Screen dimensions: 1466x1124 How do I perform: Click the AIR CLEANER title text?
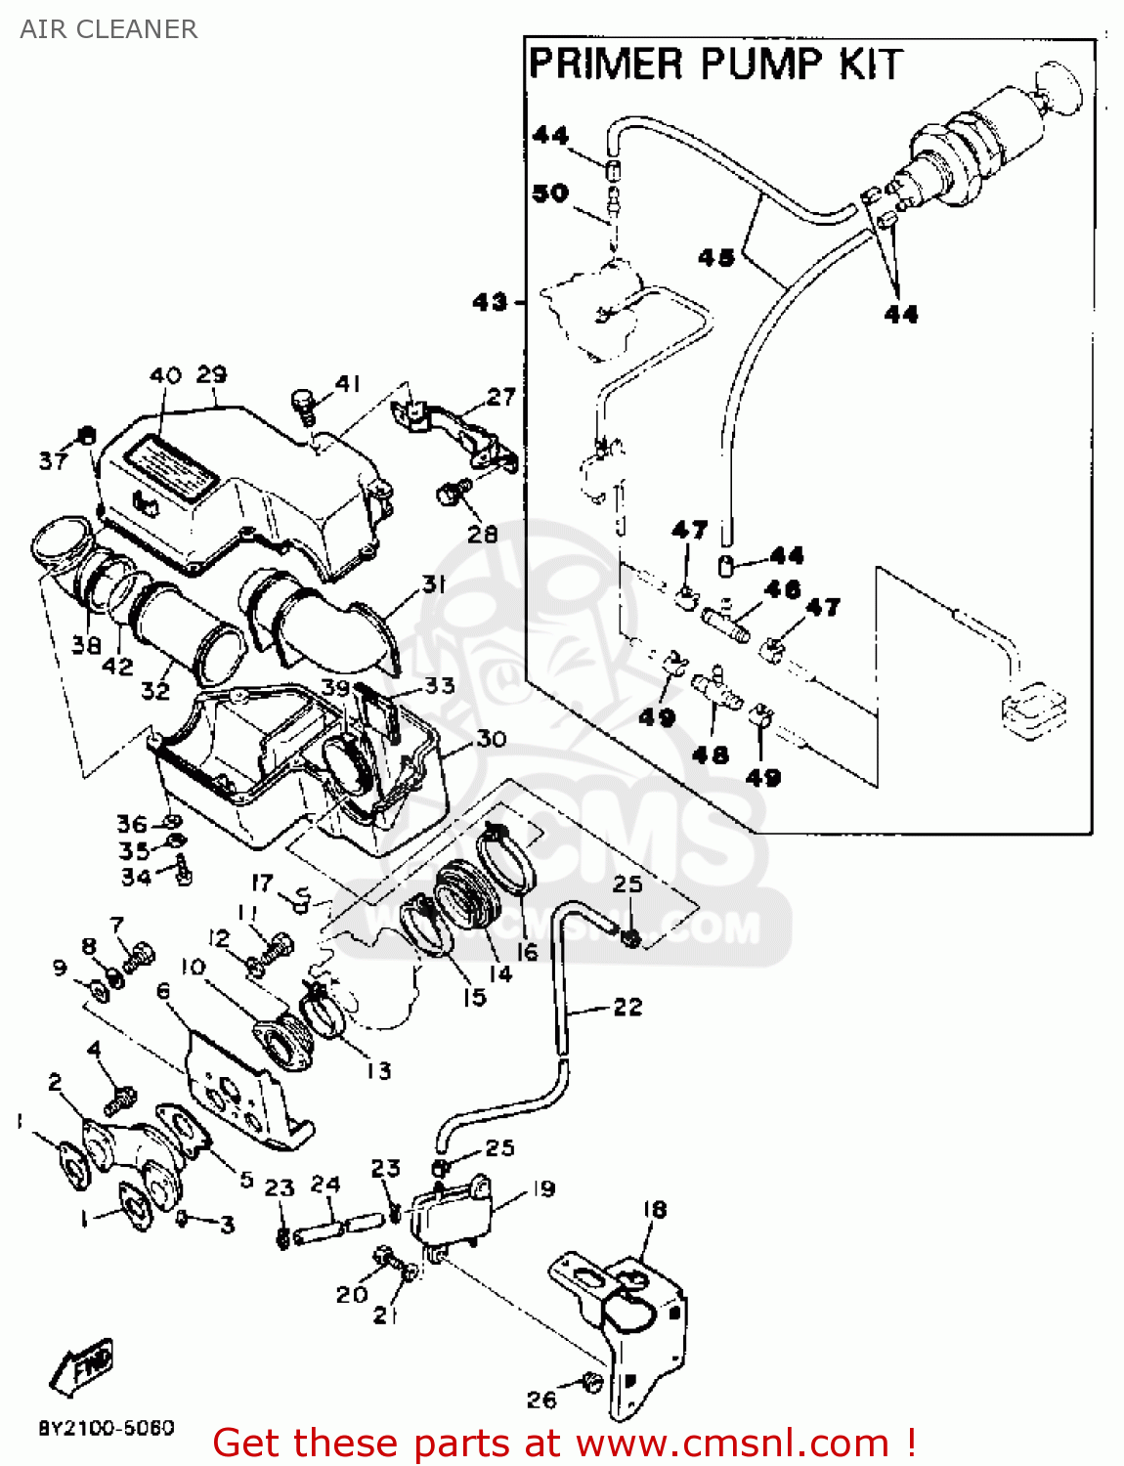click(x=108, y=29)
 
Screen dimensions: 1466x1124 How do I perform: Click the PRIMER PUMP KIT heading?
click(x=713, y=65)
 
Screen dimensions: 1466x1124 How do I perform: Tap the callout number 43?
click(x=490, y=302)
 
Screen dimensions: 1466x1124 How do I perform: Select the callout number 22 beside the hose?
click(x=627, y=1007)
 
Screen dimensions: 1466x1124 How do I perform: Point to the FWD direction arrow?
click(x=82, y=1363)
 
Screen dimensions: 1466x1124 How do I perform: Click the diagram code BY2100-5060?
click(x=107, y=1428)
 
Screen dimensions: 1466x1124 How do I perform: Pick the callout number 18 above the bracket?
click(x=654, y=1209)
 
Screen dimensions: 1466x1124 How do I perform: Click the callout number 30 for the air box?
click(x=491, y=739)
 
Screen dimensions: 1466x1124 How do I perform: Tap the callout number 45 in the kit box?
click(x=716, y=257)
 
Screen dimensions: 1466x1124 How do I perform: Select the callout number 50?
click(x=550, y=193)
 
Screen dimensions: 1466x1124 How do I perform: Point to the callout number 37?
click(x=53, y=460)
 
